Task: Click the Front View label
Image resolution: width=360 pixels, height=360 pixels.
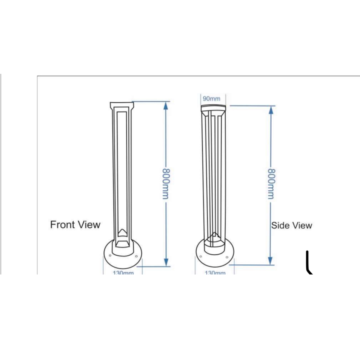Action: pyautogui.click(x=75, y=225)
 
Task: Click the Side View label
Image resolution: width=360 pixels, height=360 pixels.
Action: pyautogui.click(x=292, y=226)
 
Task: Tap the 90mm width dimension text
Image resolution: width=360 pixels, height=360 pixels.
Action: pyautogui.click(x=211, y=99)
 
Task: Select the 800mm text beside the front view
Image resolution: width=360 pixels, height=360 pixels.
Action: pyautogui.click(x=166, y=184)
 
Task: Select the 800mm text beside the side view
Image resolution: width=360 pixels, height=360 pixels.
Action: pyautogui.click(x=271, y=184)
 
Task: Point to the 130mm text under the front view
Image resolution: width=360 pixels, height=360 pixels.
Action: pyautogui.click(x=123, y=273)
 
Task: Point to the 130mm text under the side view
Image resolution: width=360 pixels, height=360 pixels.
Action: pyautogui.click(x=215, y=273)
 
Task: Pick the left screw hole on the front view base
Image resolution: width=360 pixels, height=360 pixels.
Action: pyautogui.click(x=110, y=256)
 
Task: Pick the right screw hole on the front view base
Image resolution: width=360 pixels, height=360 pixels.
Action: pyautogui.click(x=136, y=256)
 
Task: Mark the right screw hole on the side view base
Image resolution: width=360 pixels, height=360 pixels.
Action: pyautogui.click(x=227, y=256)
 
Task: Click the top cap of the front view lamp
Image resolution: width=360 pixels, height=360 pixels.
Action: pyautogui.click(x=121, y=105)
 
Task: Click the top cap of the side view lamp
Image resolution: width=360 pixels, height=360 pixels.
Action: pyautogui.click(x=213, y=107)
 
